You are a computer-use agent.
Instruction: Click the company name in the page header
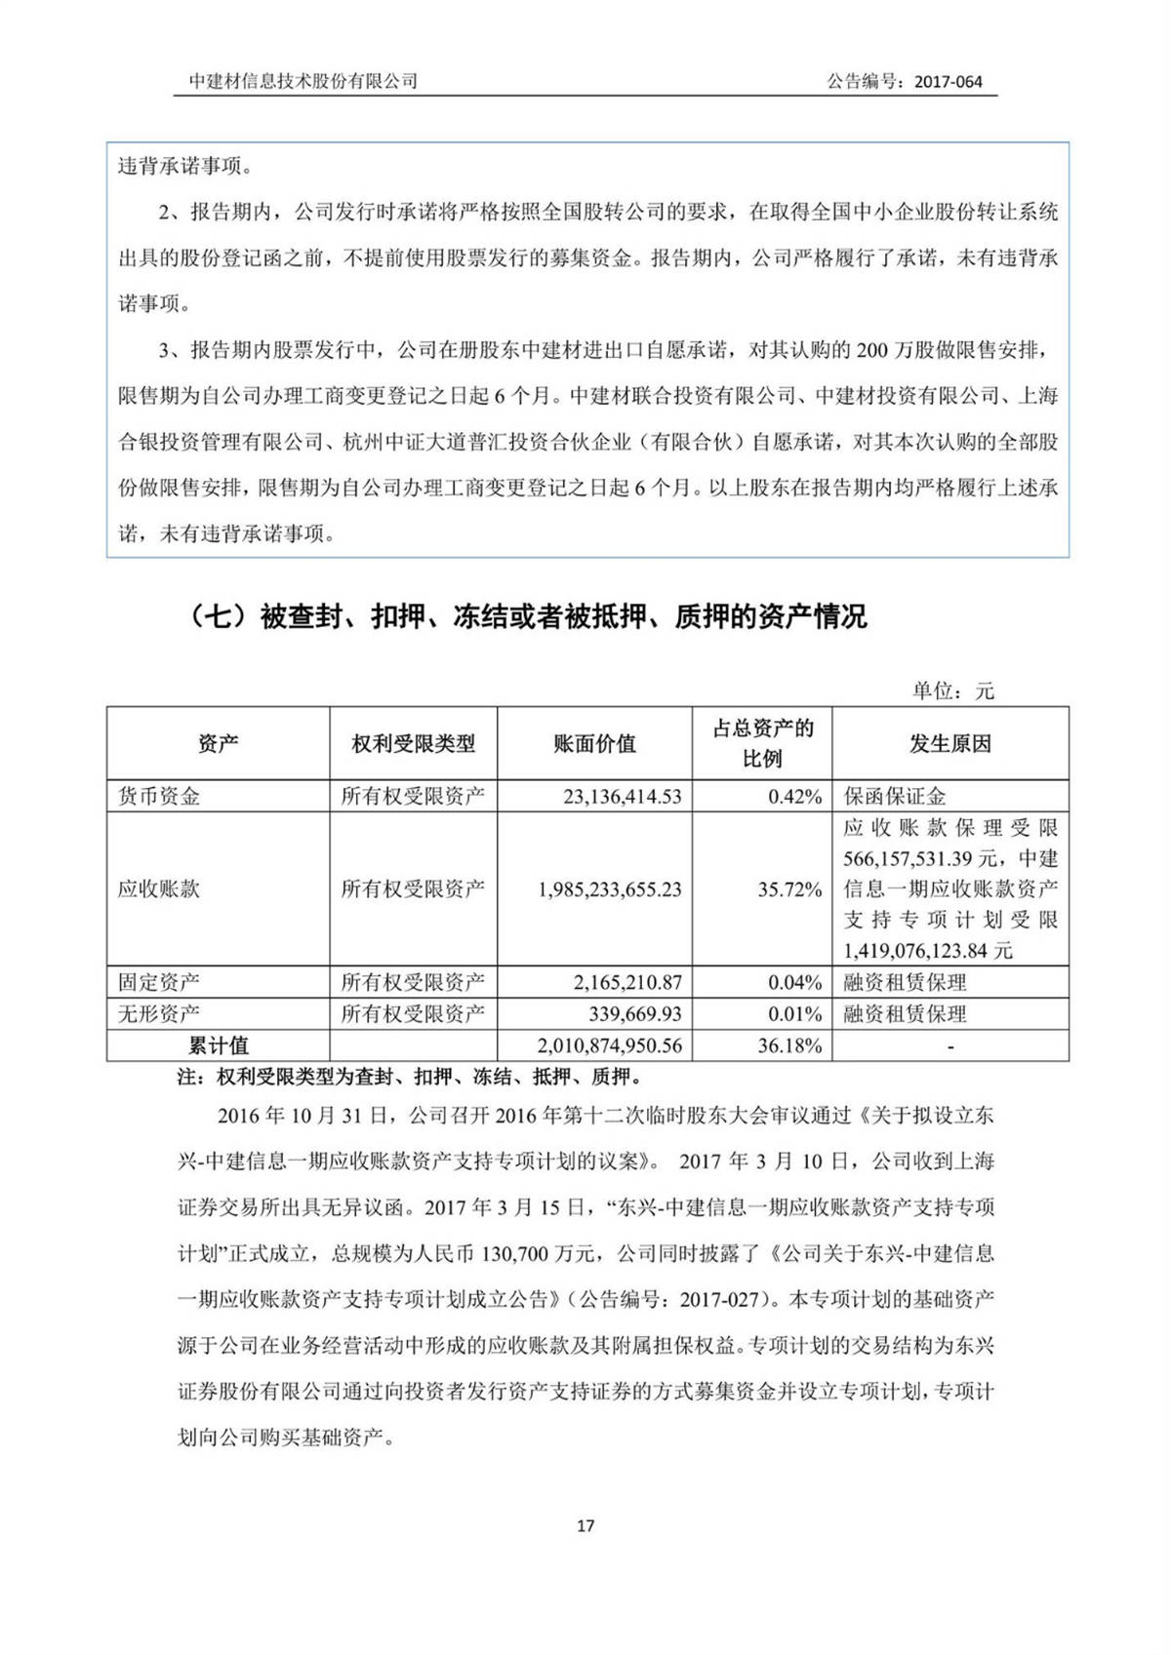pyautogui.click(x=303, y=82)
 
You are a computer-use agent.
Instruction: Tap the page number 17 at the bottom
pyautogui.click(x=585, y=1525)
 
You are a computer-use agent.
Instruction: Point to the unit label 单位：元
pyautogui.click(x=952, y=690)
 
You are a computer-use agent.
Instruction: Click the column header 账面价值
pyautogui.click(x=594, y=744)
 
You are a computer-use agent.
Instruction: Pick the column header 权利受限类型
pyautogui.click(x=413, y=744)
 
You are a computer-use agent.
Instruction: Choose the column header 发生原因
pyautogui.click(x=949, y=744)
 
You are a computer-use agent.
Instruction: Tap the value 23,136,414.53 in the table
pyautogui.click(x=622, y=796)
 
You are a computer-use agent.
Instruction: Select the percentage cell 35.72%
pyautogui.click(x=789, y=889)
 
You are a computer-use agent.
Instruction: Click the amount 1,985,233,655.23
pyautogui.click(x=609, y=889)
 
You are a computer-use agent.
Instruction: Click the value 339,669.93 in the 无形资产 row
pyautogui.click(x=635, y=1013)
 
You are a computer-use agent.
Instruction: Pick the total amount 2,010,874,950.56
pyautogui.click(x=609, y=1045)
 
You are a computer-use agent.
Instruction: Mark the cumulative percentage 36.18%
pyautogui.click(x=789, y=1045)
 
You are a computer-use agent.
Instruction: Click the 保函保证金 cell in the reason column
pyautogui.click(x=895, y=796)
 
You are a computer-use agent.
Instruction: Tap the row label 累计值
pyautogui.click(x=218, y=1045)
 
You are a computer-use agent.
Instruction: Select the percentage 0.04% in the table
pyautogui.click(x=794, y=982)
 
